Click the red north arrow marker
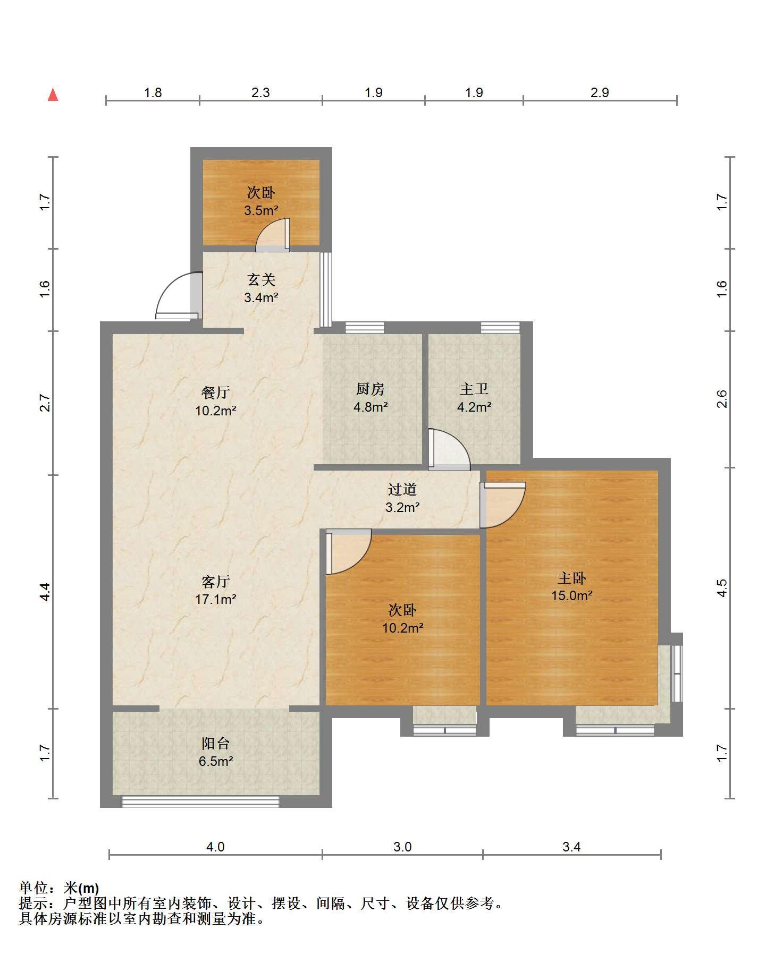[53, 95]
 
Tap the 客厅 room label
[216, 582]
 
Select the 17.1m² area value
[216, 600]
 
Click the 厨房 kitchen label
[370, 389]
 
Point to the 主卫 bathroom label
[474, 389]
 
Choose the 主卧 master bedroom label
[571, 577]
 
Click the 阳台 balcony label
[216, 743]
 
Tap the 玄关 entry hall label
[262, 279]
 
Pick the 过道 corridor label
[402, 489]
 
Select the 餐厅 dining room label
[216, 393]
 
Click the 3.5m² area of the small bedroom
[262, 210]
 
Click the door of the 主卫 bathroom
[449, 449]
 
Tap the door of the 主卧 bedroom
[503, 505]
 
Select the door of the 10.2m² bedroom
[349, 552]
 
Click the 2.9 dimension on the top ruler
[600, 93]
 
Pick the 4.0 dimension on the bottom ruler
[215, 847]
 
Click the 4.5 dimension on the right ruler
[721, 587]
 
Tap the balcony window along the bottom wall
[200, 801]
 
